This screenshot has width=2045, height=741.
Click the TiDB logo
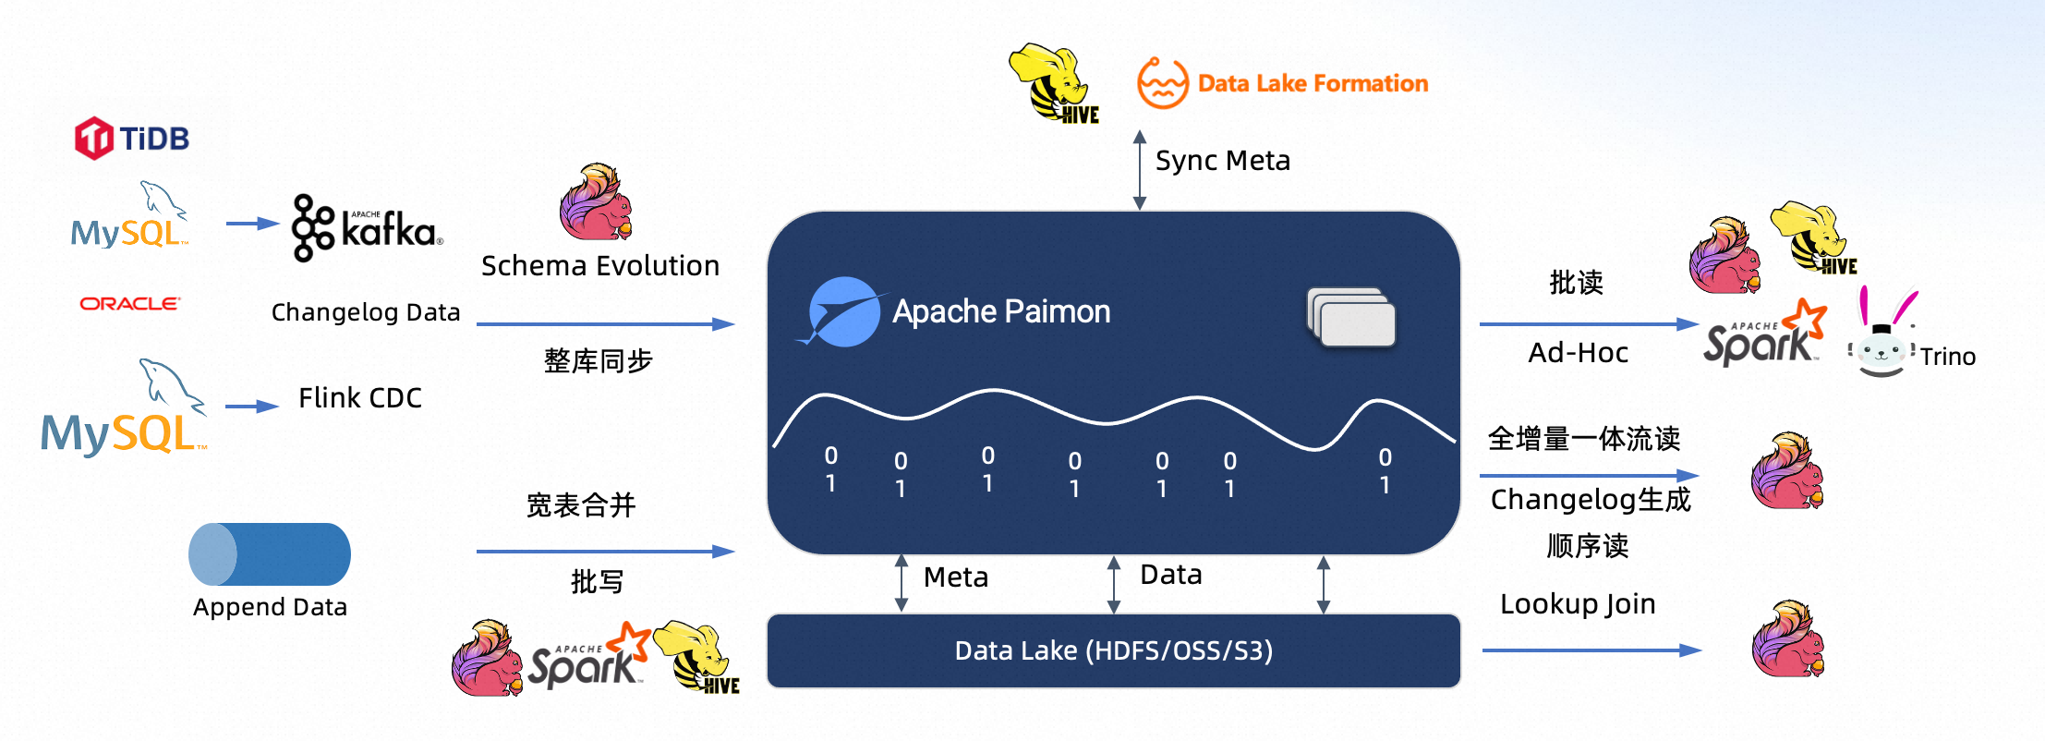click(x=132, y=139)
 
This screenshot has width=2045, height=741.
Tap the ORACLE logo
click(x=129, y=303)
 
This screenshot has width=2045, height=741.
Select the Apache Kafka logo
click(x=367, y=227)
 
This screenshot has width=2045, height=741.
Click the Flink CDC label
click(x=359, y=398)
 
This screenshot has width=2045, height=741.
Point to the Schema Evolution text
click(x=599, y=266)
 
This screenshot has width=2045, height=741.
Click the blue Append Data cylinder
click(x=270, y=554)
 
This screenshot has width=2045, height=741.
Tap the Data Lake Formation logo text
click(x=1312, y=83)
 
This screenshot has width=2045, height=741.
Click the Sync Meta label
click(x=1222, y=161)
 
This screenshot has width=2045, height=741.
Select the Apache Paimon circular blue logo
click(x=843, y=312)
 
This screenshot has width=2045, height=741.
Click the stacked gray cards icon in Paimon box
click(x=1351, y=318)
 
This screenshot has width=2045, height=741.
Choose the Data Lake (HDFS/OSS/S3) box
click(x=1113, y=650)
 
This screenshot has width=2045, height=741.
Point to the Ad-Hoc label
click(x=1578, y=353)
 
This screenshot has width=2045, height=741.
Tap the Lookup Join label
click(x=1578, y=604)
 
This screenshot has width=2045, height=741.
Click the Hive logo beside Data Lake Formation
click(x=1054, y=83)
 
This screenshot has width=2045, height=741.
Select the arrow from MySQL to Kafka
click(x=251, y=224)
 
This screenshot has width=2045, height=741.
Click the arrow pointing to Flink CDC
click(x=251, y=407)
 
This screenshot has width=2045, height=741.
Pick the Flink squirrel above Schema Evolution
click(x=596, y=202)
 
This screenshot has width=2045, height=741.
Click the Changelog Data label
click(x=366, y=312)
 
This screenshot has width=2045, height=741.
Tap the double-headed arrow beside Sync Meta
click(x=1140, y=170)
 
